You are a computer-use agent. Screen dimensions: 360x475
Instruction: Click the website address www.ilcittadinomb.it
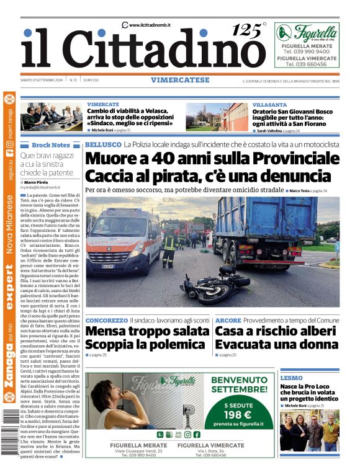pyautogui.click(x=150, y=25)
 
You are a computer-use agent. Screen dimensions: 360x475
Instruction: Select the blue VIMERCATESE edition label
pyautogui.click(x=180, y=80)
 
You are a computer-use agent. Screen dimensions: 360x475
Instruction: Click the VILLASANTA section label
pyautogui.click(x=269, y=105)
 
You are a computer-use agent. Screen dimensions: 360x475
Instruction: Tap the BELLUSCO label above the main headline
pyautogui.click(x=102, y=144)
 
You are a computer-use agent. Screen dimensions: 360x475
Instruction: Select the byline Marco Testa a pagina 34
pyautogui.click(x=308, y=190)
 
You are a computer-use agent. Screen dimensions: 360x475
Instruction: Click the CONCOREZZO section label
pyautogui.click(x=106, y=320)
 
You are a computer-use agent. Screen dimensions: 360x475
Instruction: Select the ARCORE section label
pyautogui.click(x=228, y=320)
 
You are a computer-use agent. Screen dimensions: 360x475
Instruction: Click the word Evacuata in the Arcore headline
pyautogui.click(x=246, y=344)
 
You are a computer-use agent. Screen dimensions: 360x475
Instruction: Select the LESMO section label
pyautogui.click(x=291, y=378)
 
